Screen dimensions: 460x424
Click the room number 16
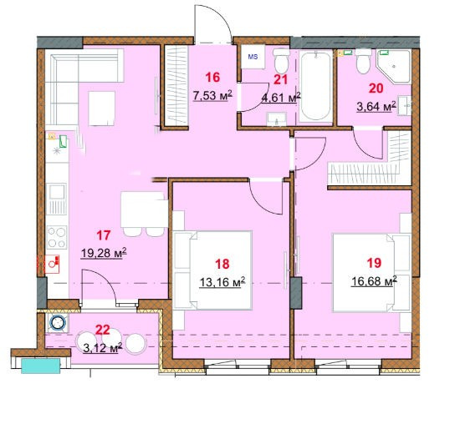click(212, 78)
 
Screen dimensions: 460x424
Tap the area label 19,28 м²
click(104, 253)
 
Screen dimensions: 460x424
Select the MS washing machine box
click(253, 57)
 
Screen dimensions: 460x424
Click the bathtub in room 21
click(315, 86)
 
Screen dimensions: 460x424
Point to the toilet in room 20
click(363, 61)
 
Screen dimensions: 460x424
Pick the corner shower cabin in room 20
click(393, 67)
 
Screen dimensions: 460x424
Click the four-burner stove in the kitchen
click(57, 238)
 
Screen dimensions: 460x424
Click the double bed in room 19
click(371, 272)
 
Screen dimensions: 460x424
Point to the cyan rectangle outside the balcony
click(41, 366)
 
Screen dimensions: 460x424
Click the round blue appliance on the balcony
click(57, 323)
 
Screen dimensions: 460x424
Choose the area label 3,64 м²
click(376, 106)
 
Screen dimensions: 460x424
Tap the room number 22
click(103, 330)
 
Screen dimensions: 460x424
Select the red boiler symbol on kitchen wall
click(52, 264)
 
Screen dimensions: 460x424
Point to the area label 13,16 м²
click(222, 283)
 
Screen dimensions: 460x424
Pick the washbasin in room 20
click(405, 105)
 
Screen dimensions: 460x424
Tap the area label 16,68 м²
click(374, 281)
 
